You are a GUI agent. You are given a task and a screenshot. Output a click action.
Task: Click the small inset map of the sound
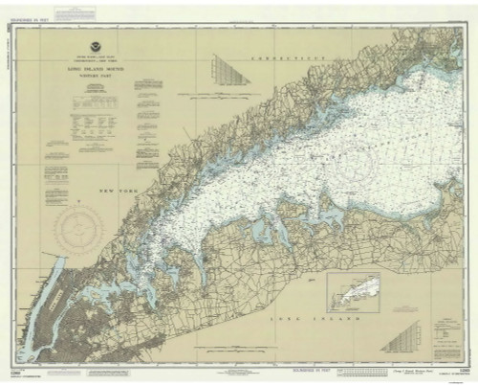[x=353, y=291]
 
